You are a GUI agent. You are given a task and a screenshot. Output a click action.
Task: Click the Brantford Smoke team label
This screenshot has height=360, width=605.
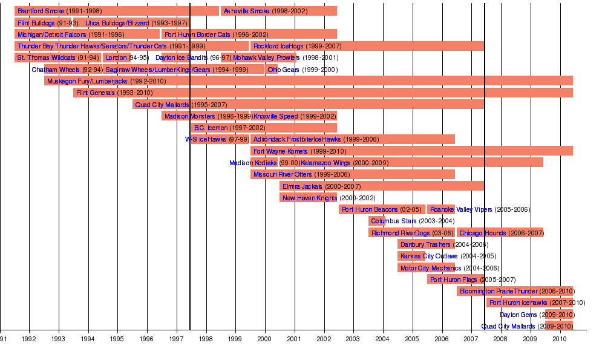41,11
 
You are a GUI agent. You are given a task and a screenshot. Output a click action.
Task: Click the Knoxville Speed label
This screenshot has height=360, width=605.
275,116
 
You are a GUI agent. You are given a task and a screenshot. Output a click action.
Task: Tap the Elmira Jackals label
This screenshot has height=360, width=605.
302,186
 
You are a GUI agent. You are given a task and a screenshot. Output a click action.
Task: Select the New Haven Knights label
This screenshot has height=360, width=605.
310,198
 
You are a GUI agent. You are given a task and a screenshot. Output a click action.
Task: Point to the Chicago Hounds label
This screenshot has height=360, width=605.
483,233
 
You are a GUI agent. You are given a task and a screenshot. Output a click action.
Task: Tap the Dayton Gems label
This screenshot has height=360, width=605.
518,315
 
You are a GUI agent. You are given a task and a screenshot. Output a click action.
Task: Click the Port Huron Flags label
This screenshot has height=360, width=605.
453,280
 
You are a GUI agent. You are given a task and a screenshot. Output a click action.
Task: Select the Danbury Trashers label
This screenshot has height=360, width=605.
425,244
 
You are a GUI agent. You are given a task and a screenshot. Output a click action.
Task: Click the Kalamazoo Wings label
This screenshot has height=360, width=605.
325,163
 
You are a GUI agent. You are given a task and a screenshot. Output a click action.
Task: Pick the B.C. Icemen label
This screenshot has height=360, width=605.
211,128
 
